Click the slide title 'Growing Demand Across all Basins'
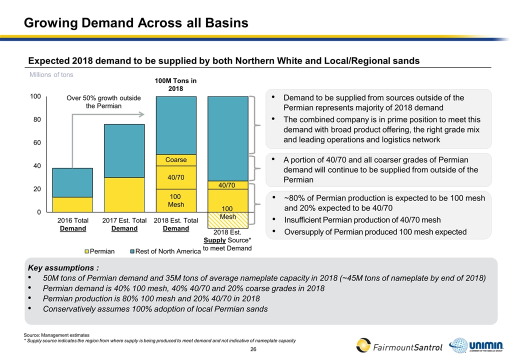[136, 23]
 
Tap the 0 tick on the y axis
[38, 212]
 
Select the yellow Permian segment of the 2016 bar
[72, 204]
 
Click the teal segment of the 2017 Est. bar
[124, 150]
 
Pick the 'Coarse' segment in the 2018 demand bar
[176, 160]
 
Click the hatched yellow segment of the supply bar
[228, 218]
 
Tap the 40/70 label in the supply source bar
[228, 185]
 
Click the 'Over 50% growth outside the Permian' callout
[104, 102]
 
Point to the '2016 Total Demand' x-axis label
[73, 224]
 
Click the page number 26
[253, 348]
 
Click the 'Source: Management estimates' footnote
[56, 334]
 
